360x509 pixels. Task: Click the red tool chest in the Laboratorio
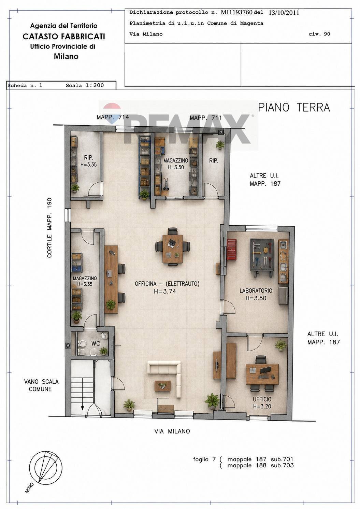click(x=232, y=249)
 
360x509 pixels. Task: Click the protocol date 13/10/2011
click(x=284, y=13)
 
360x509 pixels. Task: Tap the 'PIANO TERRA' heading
click(x=294, y=108)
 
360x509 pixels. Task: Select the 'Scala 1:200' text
click(x=85, y=85)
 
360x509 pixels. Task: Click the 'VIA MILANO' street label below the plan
click(x=172, y=431)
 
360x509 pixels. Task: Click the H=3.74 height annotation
click(x=165, y=291)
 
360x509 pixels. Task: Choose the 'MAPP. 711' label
click(x=205, y=118)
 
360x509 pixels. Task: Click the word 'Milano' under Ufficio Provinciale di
click(x=66, y=56)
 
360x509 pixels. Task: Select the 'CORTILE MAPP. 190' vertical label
click(x=49, y=228)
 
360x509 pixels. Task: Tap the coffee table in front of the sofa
click(x=162, y=386)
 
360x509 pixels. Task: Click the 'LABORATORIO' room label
click(x=256, y=291)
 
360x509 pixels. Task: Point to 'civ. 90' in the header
click(x=319, y=34)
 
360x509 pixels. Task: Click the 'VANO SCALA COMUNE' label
click(x=41, y=385)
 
